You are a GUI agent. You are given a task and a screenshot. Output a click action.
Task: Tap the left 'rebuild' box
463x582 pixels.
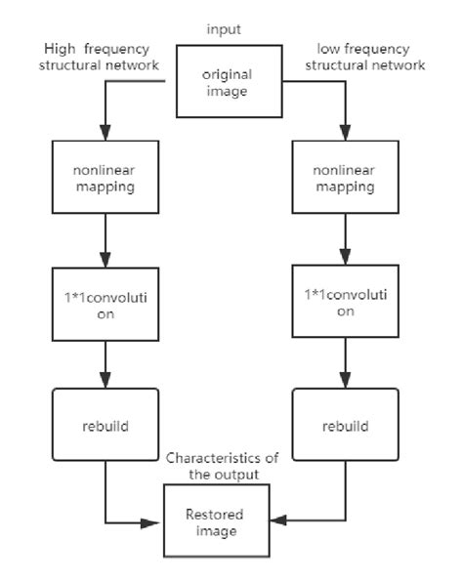104,426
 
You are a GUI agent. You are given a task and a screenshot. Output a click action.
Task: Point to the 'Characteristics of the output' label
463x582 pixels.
224,465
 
